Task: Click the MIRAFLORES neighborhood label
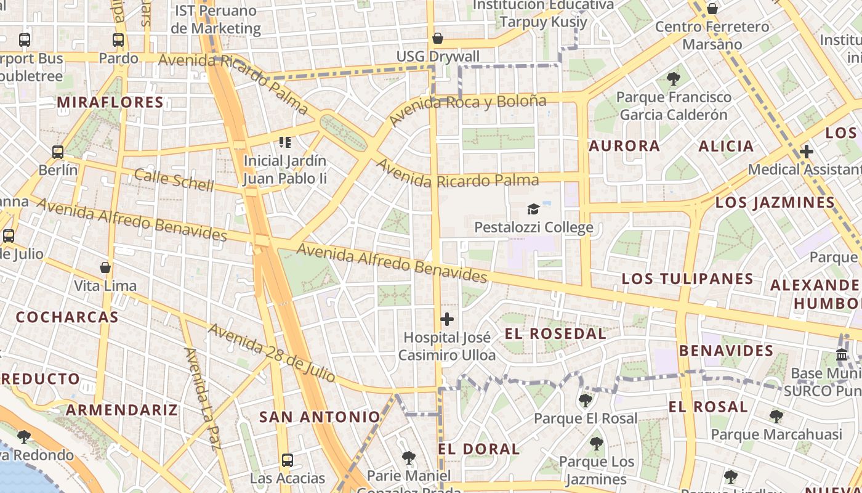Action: [x=110, y=102]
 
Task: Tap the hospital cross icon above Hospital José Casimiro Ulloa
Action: [x=447, y=319]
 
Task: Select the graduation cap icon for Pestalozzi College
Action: [x=533, y=210]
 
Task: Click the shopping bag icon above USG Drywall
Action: [x=438, y=39]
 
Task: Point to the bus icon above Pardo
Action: [x=118, y=40]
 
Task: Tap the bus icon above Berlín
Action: [x=58, y=152]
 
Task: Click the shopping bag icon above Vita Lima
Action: [x=105, y=267]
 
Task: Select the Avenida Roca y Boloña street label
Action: [x=467, y=108]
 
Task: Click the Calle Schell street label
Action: [x=174, y=179]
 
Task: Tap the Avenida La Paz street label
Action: [x=201, y=399]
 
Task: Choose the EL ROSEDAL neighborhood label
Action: [x=555, y=334]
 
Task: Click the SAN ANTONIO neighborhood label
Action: [x=320, y=417]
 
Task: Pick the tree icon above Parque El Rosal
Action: [x=585, y=401]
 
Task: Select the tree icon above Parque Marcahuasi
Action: [x=776, y=417]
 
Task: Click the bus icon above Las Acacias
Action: [x=288, y=460]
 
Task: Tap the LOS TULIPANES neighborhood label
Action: [x=687, y=279]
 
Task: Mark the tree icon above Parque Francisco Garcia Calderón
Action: [x=674, y=79]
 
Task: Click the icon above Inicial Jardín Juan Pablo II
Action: [x=284, y=142]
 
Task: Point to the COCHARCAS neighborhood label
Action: [x=67, y=317]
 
